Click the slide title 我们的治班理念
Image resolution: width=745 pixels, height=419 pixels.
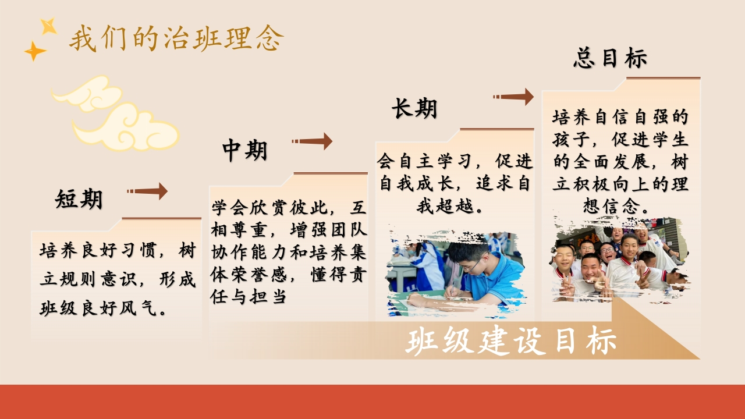[x=176, y=38]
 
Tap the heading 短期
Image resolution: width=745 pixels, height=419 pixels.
[x=79, y=199]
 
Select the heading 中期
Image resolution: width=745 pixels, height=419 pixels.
[x=245, y=150]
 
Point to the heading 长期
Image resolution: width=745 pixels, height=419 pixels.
[x=414, y=108]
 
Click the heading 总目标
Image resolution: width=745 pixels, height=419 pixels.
[x=611, y=58]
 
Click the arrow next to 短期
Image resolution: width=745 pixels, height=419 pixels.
[x=147, y=191]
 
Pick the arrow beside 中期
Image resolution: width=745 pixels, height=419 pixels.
[x=312, y=141]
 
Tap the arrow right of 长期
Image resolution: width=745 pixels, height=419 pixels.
[x=513, y=97]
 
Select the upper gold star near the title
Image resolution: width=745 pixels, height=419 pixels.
[x=48, y=26]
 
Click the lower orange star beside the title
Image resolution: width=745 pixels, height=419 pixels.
[x=34, y=51]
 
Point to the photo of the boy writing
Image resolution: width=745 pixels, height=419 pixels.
[x=455, y=273]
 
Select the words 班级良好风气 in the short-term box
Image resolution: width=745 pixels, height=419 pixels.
[x=98, y=308]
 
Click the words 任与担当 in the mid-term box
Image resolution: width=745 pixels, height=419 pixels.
[x=248, y=296]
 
